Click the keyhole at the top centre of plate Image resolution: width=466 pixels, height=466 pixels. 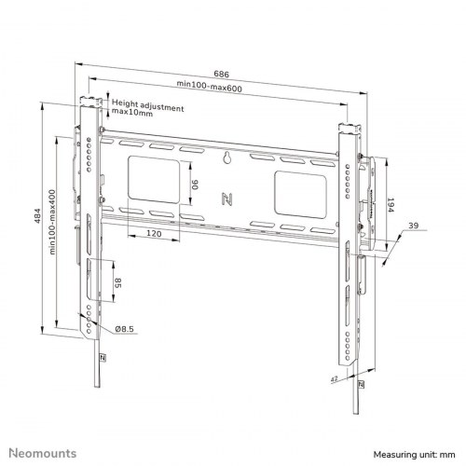226,158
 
